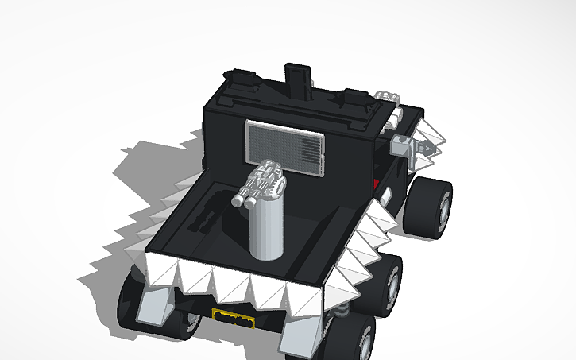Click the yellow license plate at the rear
(234, 319)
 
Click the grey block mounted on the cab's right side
(404, 144)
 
